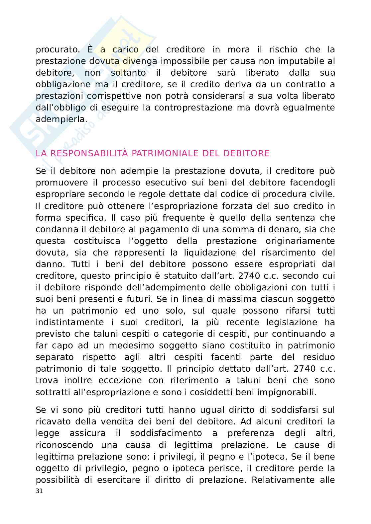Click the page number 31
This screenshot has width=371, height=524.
pyautogui.click(x=39, y=491)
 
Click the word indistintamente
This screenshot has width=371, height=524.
pyautogui.click(x=70, y=322)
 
